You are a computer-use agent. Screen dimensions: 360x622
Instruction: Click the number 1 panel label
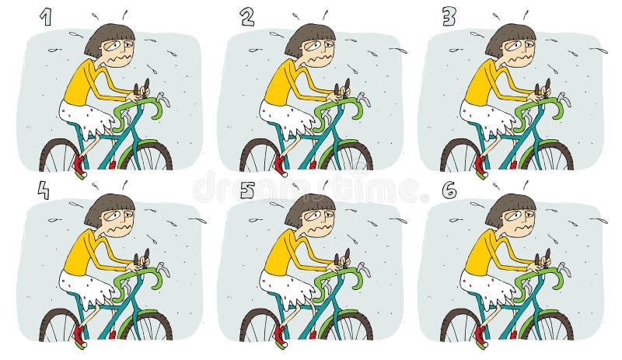46,17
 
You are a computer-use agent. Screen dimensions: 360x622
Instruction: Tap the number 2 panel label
247,17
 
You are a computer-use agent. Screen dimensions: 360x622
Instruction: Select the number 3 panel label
449,17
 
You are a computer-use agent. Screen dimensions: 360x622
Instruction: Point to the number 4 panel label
44,190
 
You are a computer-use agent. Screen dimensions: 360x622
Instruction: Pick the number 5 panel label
247,190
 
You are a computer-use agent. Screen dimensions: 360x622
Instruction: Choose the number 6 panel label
449,190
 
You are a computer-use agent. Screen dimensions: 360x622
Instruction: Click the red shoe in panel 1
78,164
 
